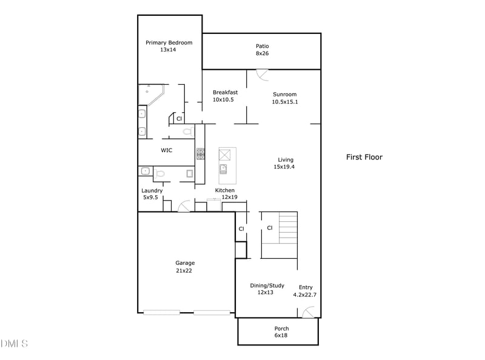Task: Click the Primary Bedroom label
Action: [x=169, y=42]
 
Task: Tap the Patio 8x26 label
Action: [x=262, y=46]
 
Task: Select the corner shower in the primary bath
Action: [x=150, y=95]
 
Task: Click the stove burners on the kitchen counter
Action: [x=200, y=155]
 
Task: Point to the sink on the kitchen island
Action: [x=223, y=168]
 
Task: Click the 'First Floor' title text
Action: [x=364, y=157]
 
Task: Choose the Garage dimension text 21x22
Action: [x=185, y=271]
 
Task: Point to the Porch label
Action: [x=281, y=329]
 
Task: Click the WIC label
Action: [x=167, y=150]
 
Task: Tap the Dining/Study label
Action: [x=267, y=285]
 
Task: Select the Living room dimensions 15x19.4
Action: [x=285, y=167]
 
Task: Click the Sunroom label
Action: [x=284, y=94]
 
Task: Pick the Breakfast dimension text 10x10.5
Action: [x=223, y=99]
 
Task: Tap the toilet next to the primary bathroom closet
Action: [x=187, y=131]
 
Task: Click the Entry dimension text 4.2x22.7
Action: [x=304, y=295]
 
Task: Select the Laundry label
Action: [x=152, y=190]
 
